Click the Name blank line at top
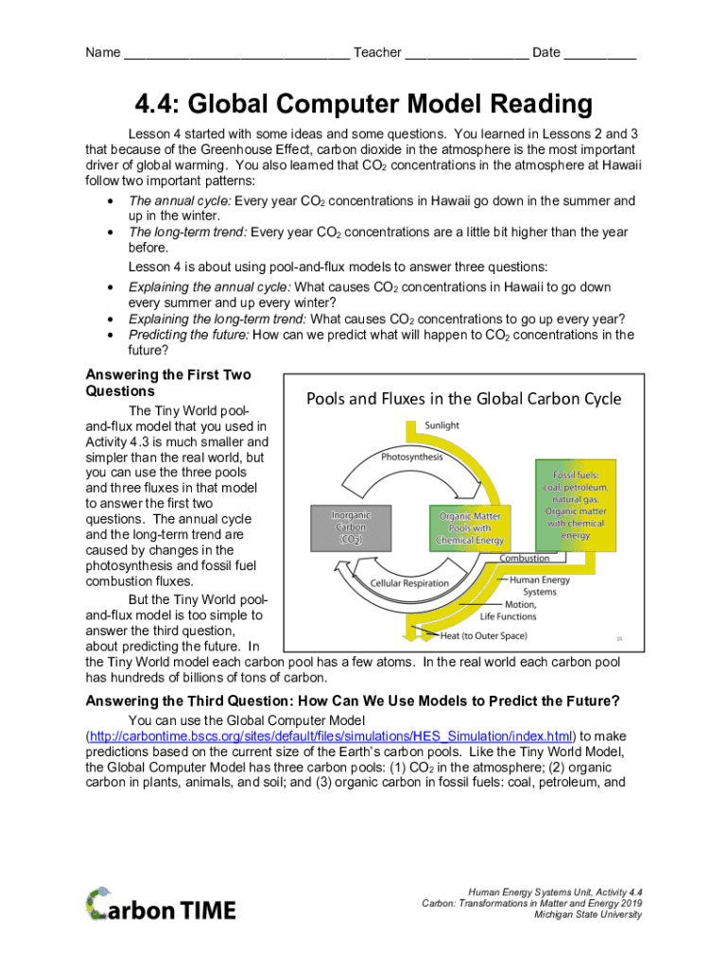coord(236,55)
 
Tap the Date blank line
coord(599,55)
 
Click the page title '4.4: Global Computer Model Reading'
coord(363,104)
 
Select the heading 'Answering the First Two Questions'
coord(168,382)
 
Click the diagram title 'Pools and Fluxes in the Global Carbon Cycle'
coord(463,398)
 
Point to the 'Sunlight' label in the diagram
coord(442,425)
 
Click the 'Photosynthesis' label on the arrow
coord(411,457)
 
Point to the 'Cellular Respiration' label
coord(409,583)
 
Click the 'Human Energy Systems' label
coord(540,586)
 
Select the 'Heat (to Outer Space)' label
coord(483,635)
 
